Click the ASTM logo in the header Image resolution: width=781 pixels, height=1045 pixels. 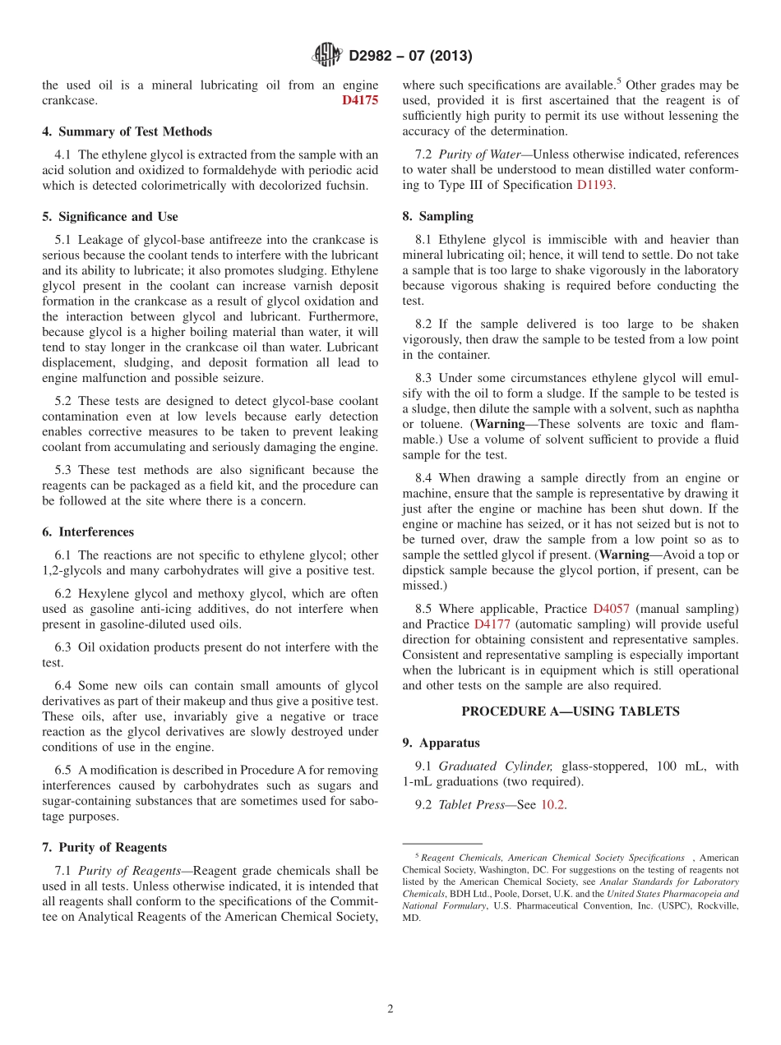pyautogui.click(x=327, y=55)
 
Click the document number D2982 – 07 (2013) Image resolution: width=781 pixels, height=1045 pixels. pyautogui.click(x=410, y=56)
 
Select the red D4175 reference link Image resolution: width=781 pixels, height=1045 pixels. pyautogui.click(x=360, y=100)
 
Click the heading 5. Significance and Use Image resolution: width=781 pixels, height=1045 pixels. pyautogui.click(x=109, y=217)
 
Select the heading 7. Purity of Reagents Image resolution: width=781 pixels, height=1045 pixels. pyautogui.click(x=104, y=847)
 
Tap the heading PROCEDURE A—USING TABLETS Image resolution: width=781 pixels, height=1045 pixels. pyautogui.click(x=570, y=711)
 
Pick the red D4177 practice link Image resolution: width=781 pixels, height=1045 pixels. pyautogui.click(x=492, y=624)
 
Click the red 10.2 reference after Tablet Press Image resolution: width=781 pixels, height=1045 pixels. pyautogui.click(x=552, y=805)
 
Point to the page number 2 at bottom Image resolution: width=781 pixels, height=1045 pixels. pyautogui.click(x=390, y=1009)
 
